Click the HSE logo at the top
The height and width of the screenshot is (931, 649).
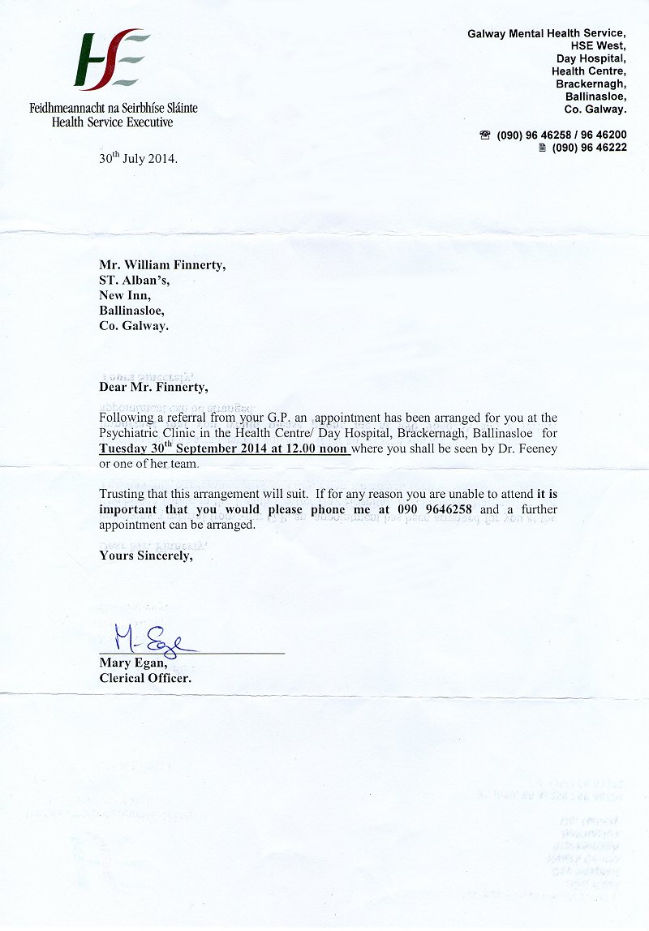tap(111, 61)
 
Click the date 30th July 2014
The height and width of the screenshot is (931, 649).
tap(138, 159)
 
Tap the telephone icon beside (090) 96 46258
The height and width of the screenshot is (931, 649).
tap(485, 135)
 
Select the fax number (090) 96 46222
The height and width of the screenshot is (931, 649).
tap(589, 148)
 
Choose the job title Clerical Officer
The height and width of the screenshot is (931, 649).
tap(145, 678)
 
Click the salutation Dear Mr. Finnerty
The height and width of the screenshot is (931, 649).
tap(153, 387)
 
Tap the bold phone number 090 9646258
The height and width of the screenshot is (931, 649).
tap(434, 509)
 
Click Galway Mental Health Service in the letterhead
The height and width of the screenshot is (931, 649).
tap(546, 33)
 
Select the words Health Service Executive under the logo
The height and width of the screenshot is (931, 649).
tap(112, 122)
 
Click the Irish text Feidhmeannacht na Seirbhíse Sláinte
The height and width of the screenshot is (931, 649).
tap(114, 108)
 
